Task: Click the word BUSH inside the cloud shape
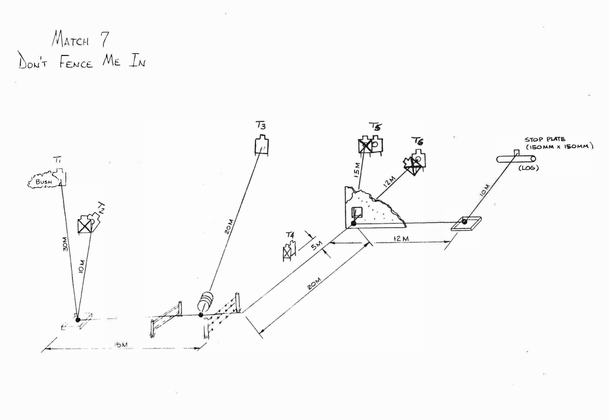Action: (x=44, y=182)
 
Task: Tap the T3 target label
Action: (x=261, y=126)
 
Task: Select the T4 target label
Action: (x=290, y=235)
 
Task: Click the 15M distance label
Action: (x=357, y=170)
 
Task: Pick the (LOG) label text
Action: (x=529, y=168)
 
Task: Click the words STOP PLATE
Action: (x=545, y=140)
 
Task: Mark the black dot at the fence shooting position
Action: (x=201, y=315)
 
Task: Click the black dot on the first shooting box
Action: (x=78, y=320)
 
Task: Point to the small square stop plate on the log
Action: (x=516, y=153)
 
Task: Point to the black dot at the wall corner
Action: (x=354, y=223)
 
